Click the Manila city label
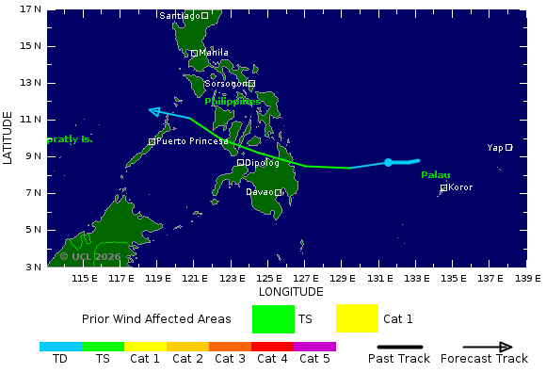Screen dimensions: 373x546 (x=214, y=53)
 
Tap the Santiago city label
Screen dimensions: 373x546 (x=181, y=16)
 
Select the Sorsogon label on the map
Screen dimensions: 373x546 (x=226, y=84)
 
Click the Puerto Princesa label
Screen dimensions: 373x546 (x=192, y=141)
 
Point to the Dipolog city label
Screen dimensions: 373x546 (x=262, y=162)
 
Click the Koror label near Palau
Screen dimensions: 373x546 (x=460, y=187)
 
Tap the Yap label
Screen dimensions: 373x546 (x=495, y=147)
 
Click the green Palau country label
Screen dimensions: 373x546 (x=435, y=175)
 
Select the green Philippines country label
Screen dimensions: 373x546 (x=233, y=101)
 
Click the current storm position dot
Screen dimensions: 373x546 (x=388, y=163)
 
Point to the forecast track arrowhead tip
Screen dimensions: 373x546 (x=151, y=111)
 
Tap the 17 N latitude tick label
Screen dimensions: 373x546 (x=31, y=9)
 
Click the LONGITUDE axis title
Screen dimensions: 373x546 (x=290, y=292)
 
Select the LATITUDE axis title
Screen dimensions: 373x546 (x=8, y=138)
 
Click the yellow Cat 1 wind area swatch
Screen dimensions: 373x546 (x=357, y=318)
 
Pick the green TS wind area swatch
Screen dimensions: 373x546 (x=273, y=318)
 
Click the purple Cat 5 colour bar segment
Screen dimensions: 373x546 (x=314, y=347)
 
